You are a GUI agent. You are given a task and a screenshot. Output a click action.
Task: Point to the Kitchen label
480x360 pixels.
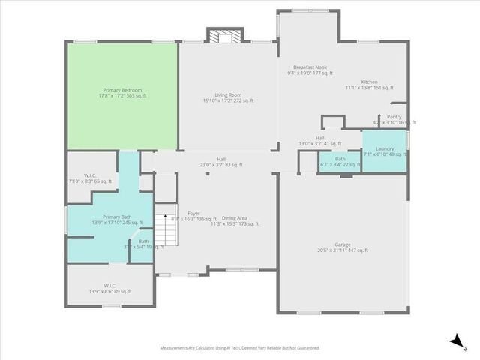coord(369,85)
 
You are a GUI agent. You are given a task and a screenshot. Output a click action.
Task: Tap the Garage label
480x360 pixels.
coord(342,247)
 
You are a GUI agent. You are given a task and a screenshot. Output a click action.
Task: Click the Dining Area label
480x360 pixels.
coord(234,220)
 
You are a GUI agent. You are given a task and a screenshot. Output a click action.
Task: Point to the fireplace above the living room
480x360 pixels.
coord(225,37)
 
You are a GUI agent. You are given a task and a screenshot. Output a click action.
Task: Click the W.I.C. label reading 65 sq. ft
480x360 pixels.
coord(89,178)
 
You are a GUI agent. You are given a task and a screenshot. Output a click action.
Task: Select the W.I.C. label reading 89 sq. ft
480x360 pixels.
coord(110,288)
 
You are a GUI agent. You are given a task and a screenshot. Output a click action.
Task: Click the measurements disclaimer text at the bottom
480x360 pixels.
coord(239,348)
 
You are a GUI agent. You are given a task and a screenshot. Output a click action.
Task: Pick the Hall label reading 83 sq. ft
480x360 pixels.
coord(221,162)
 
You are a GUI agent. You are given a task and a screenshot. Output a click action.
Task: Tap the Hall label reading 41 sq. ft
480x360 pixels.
coord(319,141)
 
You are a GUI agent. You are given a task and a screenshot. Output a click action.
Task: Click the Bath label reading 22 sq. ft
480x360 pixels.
coord(340,162)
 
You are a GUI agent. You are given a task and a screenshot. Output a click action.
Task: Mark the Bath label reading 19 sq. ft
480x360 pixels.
coord(142,244)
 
